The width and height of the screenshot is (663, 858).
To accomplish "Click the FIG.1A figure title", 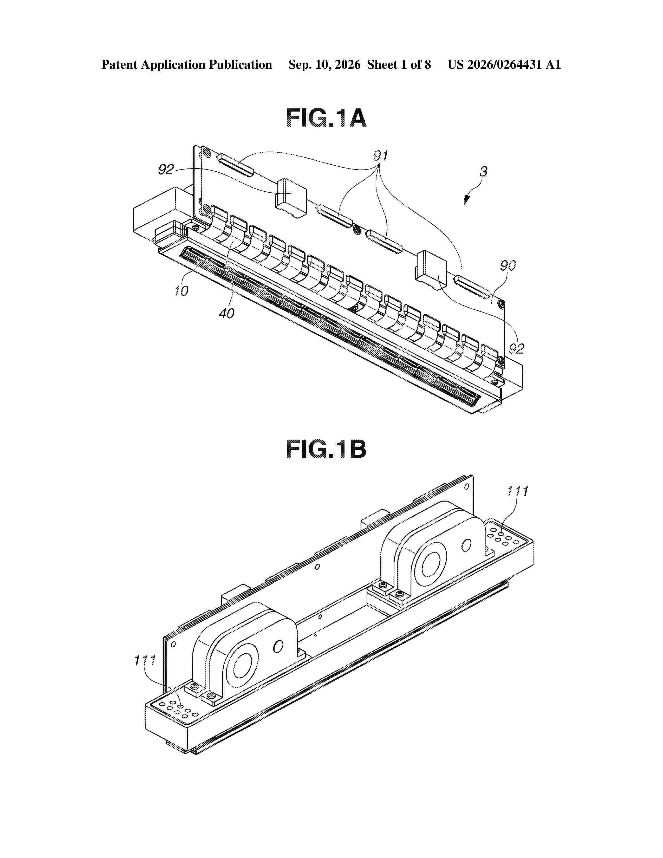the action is [326, 118].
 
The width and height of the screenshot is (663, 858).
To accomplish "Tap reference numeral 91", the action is [380, 156].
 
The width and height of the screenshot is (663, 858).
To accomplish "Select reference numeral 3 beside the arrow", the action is [484, 172].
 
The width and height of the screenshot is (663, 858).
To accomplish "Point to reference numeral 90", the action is [508, 266].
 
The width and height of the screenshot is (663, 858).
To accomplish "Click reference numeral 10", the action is [181, 291].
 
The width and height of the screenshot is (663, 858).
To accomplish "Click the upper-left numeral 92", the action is [166, 169].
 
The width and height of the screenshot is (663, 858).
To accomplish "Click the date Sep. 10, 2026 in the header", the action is [324, 65].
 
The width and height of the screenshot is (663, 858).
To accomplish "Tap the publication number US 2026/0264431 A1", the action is [504, 65].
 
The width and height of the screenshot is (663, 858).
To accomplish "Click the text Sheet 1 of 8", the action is [399, 65].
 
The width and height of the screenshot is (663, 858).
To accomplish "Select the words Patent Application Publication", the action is [187, 65].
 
